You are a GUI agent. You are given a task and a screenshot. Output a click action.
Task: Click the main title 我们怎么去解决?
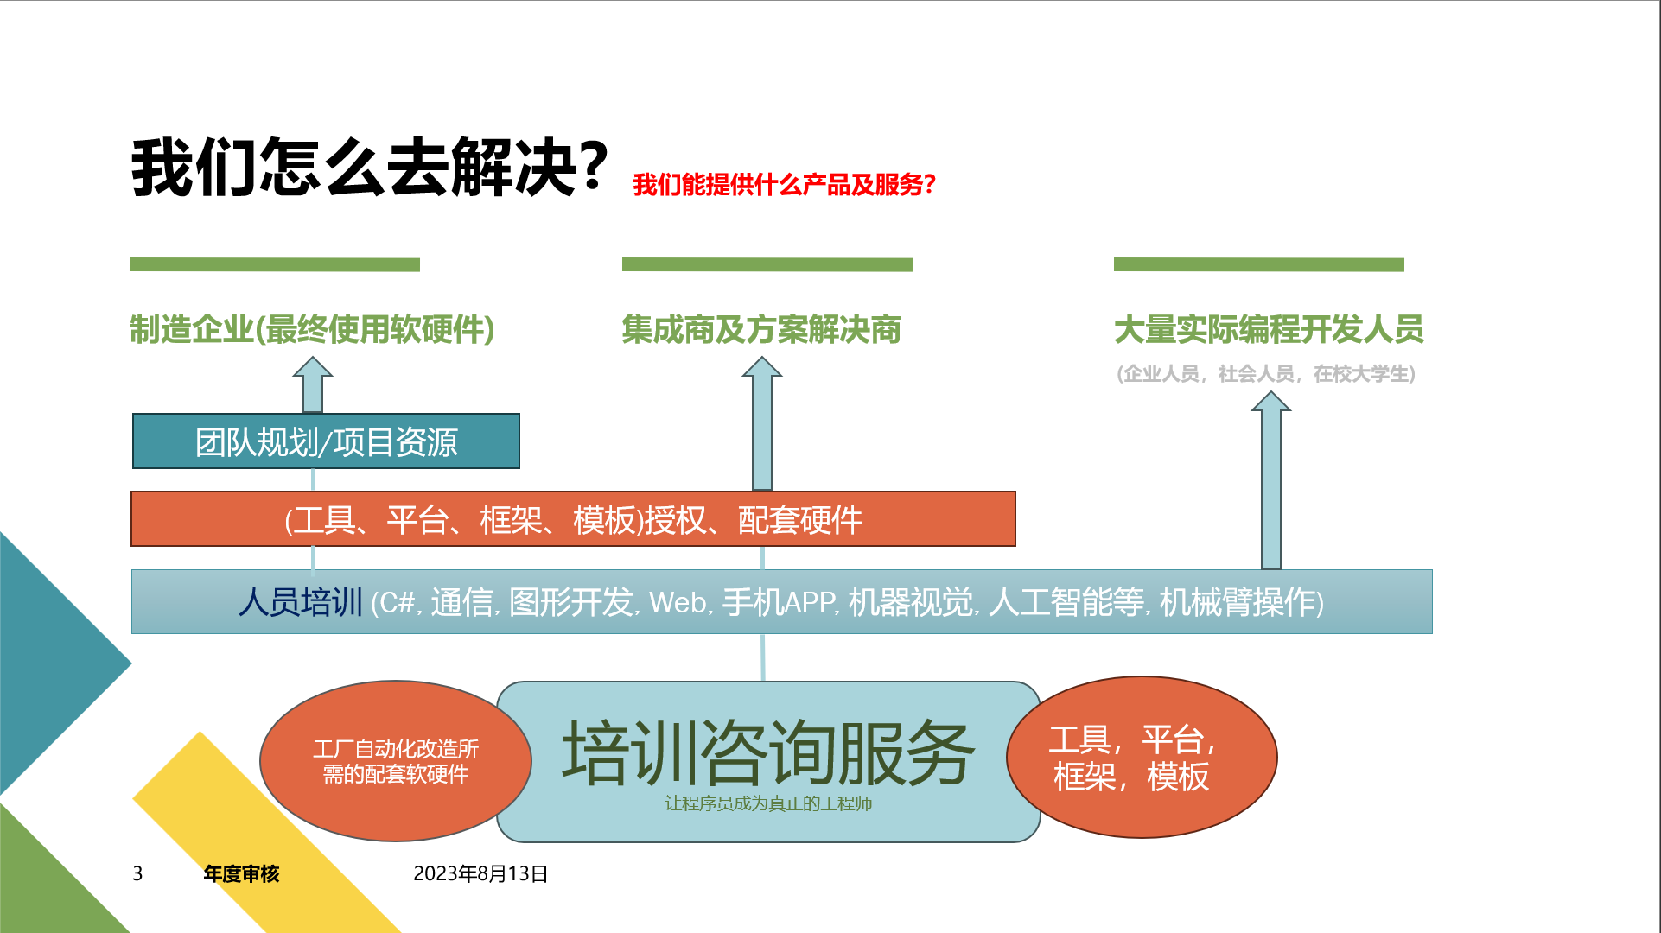[x=370, y=168]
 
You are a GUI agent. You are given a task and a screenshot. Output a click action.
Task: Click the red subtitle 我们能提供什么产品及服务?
[x=784, y=184]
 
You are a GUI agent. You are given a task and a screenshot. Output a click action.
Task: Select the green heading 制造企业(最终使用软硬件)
[x=312, y=329]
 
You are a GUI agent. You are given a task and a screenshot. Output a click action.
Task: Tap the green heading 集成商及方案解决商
[x=761, y=329]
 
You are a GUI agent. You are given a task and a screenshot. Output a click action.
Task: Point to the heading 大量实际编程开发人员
[x=1269, y=329]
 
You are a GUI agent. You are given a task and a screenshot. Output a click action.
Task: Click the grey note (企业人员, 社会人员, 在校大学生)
[x=1266, y=373]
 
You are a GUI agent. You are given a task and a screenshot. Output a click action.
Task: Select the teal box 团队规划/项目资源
[x=326, y=441]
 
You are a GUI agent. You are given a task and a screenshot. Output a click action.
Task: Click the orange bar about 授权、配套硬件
[x=573, y=519]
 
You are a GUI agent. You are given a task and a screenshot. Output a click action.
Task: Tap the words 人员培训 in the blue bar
[x=300, y=602]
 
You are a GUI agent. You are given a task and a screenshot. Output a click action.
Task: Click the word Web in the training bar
[x=678, y=602]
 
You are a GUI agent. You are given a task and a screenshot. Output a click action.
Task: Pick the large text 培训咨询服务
[x=768, y=752]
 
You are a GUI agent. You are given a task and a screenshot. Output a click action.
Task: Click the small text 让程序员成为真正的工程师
[x=768, y=803]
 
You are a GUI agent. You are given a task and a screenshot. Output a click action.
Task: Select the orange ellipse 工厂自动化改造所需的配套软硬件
[x=396, y=761]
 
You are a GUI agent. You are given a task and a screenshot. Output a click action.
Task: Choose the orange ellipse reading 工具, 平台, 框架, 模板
[x=1142, y=757]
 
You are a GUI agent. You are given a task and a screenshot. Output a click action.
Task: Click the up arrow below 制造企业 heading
[x=313, y=385]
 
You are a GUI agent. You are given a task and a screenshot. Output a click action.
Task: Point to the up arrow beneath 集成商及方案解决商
[x=762, y=424]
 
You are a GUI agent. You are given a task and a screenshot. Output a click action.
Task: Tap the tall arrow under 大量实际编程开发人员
[x=1271, y=480]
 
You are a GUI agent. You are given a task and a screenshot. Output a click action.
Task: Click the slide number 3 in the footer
[x=137, y=873]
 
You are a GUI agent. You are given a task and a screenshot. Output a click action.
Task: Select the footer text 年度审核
[x=241, y=874]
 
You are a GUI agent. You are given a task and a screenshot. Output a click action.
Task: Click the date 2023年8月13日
[x=480, y=873]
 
